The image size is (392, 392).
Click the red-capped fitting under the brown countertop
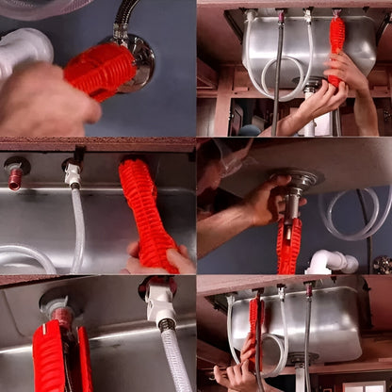15,174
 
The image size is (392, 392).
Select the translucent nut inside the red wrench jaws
58,311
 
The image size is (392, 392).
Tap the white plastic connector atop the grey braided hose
159,302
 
